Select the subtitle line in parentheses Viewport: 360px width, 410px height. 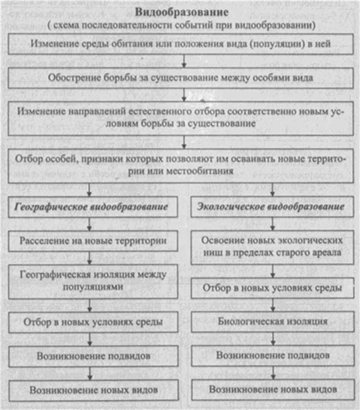point(181,25)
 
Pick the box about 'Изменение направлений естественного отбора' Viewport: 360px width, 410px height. point(181,117)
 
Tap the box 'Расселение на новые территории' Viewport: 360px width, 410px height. point(93,241)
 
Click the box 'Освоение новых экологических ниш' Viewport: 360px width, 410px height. point(272,247)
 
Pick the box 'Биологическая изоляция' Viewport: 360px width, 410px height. point(272,321)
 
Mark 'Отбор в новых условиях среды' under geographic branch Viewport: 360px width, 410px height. point(93,321)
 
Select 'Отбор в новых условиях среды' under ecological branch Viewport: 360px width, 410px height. point(272,287)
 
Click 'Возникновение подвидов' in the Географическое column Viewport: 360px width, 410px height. point(93,355)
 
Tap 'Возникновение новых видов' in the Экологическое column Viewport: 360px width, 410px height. point(272,389)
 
